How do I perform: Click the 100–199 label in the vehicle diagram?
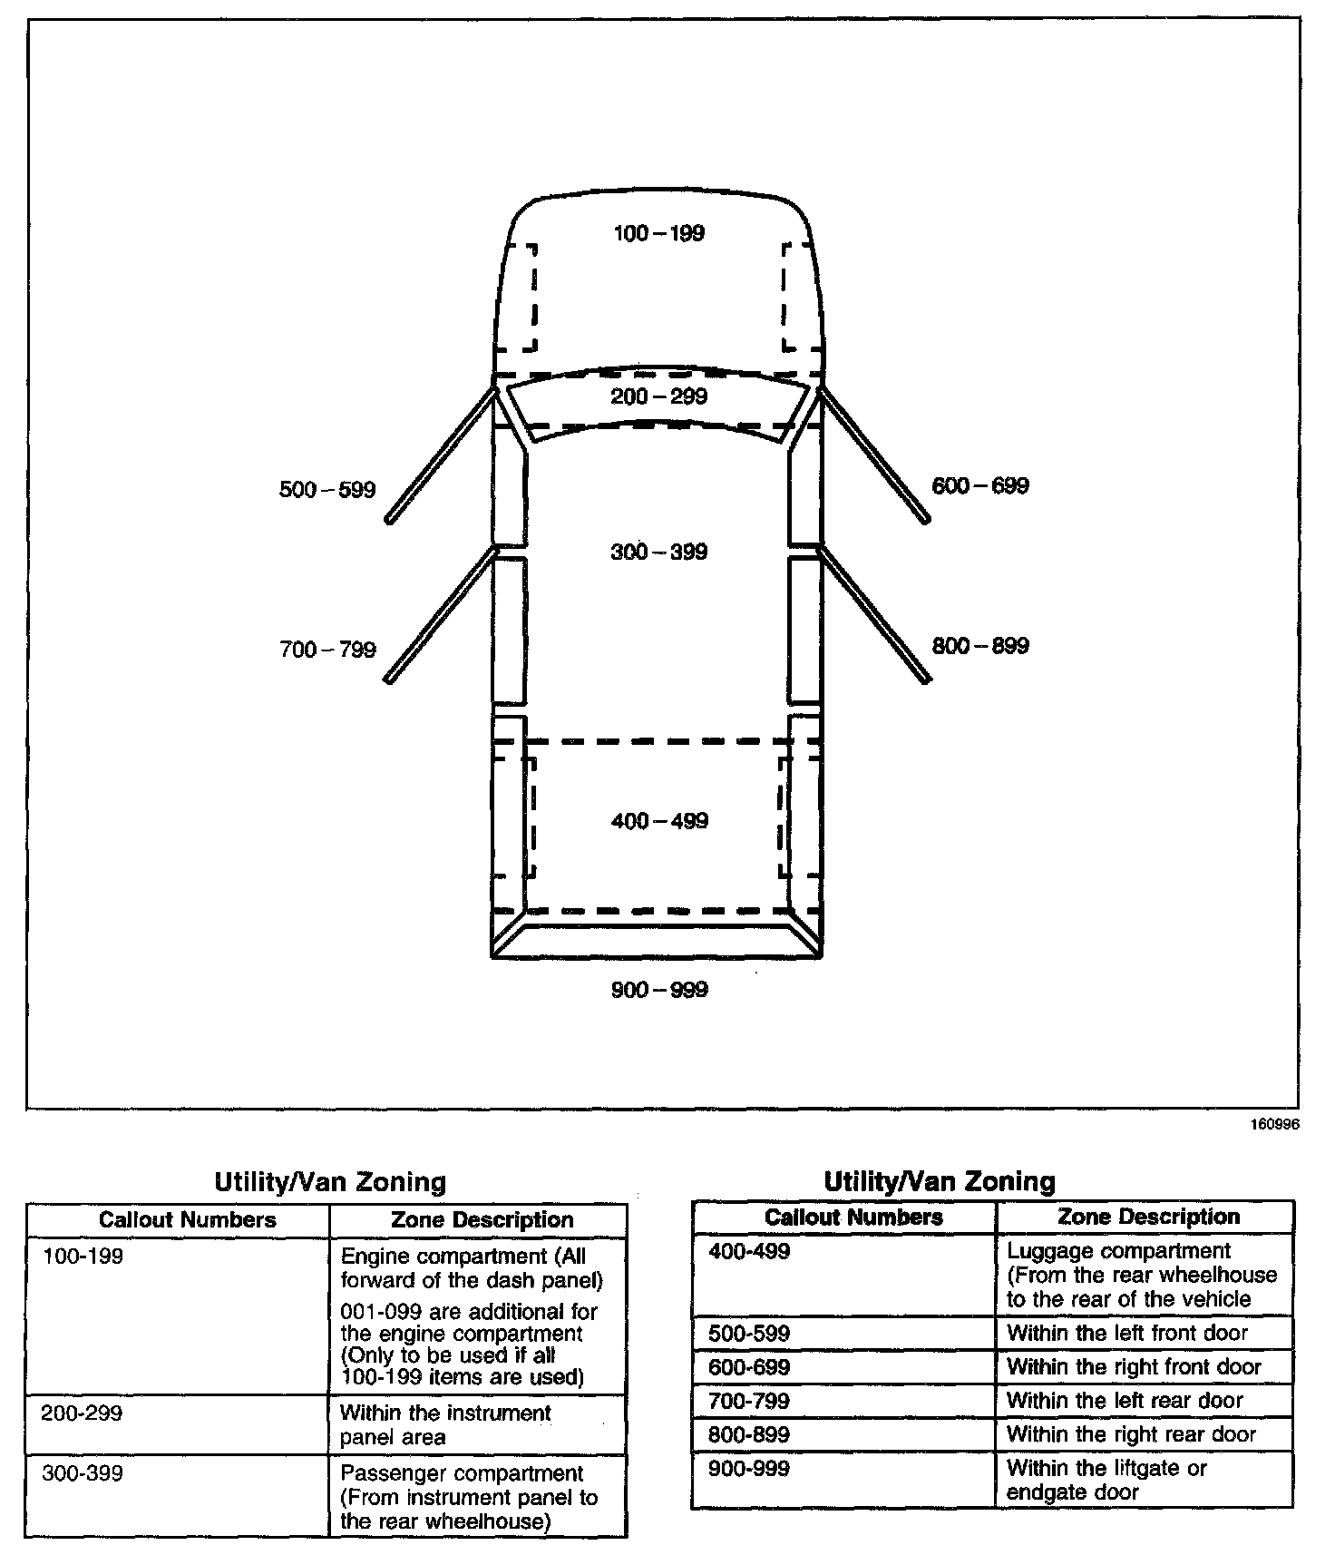click(659, 233)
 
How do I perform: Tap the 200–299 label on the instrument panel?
click(659, 396)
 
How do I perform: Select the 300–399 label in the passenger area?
click(659, 552)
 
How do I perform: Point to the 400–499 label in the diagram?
click(659, 821)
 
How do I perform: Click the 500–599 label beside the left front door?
click(326, 490)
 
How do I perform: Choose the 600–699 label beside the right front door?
click(980, 486)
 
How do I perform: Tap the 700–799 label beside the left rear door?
click(326, 650)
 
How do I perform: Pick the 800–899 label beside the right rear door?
click(980, 646)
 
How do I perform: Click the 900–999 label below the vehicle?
click(659, 990)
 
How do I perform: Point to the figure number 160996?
click(1275, 1124)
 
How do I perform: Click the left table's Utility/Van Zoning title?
click(330, 1182)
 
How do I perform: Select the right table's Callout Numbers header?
click(853, 1218)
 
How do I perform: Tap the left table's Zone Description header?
click(482, 1220)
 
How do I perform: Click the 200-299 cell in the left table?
click(82, 1413)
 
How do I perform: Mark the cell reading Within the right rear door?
click(1131, 1434)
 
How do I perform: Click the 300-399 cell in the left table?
click(82, 1473)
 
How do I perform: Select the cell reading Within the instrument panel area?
click(445, 1424)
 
